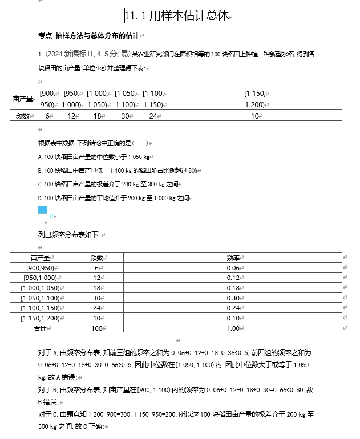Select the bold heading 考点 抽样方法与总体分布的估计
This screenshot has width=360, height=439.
pyautogui.click(x=88, y=36)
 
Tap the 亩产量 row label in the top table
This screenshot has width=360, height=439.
pyautogui.click(x=23, y=99)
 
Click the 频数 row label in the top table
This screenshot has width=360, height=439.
pyautogui.click(x=23, y=116)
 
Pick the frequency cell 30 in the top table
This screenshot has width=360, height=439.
pyautogui.click(x=124, y=116)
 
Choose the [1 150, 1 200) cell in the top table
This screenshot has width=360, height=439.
pyautogui.click(x=254, y=99)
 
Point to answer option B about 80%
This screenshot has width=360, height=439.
pyautogui.click(x=119, y=170)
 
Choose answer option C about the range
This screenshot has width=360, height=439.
pyautogui.click(x=109, y=184)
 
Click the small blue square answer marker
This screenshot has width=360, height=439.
pyautogui.click(x=42, y=210)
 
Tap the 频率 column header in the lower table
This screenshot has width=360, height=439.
pyautogui.click(x=233, y=258)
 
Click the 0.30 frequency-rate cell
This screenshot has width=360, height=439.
pyautogui.click(x=233, y=298)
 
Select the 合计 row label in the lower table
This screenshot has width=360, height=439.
pyautogui.click(x=39, y=328)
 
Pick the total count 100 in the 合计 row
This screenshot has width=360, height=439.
pyautogui.click(x=96, y=328)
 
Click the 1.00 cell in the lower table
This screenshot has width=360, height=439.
pyautogui.click(x=233, y=328)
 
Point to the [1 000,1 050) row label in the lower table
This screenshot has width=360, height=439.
pyautogui.click(x=39, y=288)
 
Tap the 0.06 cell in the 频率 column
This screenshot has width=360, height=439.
pyautogui.click(x=233, y=268)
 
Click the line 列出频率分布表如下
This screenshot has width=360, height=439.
pyautogui.click(x=69, y=235)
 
